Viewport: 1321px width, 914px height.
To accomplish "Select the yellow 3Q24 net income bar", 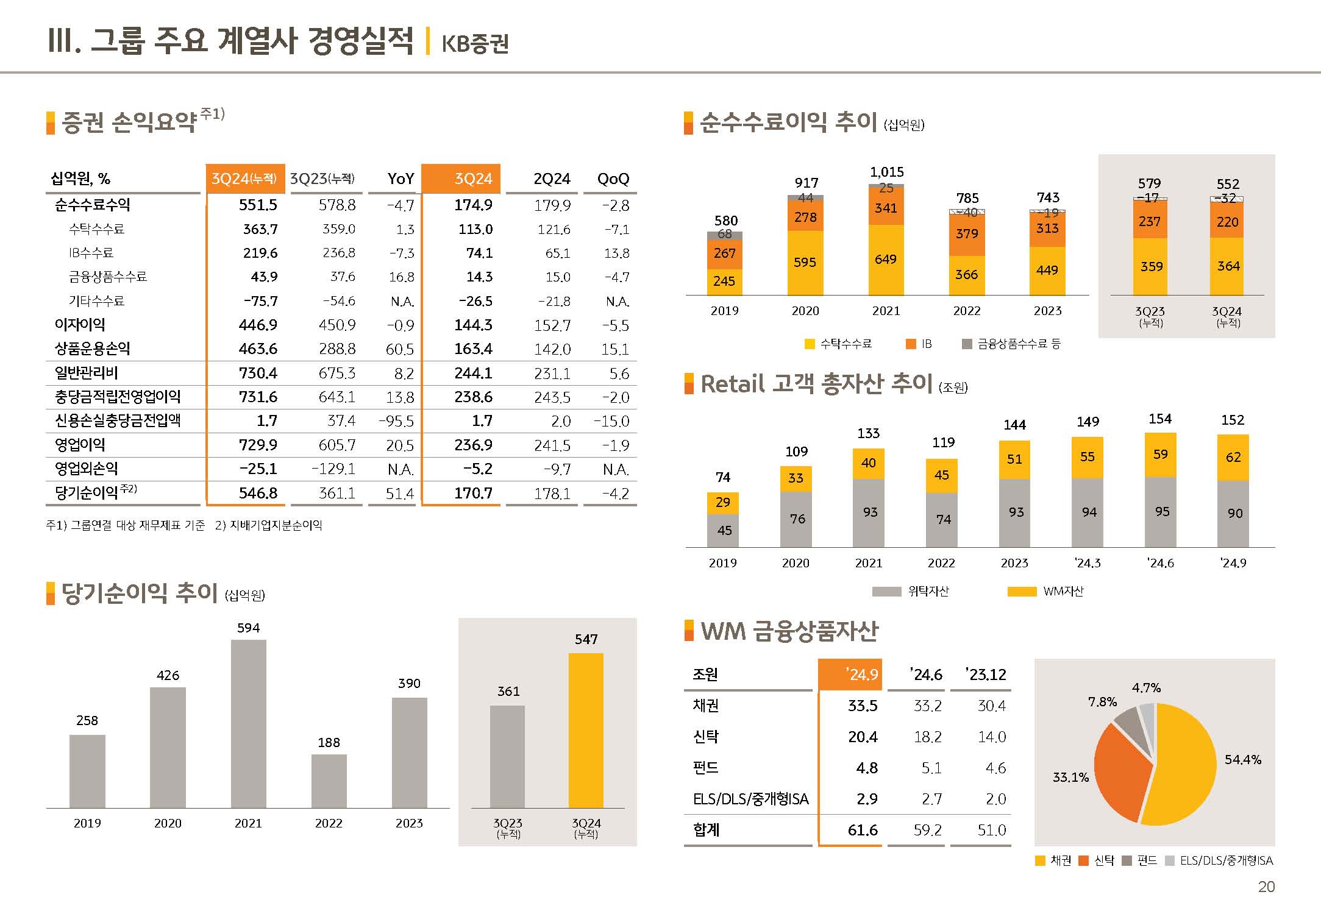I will [586, 731].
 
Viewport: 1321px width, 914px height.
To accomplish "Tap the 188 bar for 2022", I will [329, 781].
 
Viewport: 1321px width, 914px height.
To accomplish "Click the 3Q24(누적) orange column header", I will [244, 179].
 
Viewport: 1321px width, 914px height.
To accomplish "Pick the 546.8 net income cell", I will [258, 493].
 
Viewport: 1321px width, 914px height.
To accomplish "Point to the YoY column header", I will [401, 179].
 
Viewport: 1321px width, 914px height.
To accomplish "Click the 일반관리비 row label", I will [87, 373].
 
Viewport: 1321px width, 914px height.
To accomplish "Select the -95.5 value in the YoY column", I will [396, 421].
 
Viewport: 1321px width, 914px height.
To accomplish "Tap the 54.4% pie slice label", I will [1242, 759].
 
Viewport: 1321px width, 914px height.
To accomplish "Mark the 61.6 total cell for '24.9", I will [863, 830].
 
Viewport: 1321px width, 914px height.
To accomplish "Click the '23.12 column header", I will [986, 675].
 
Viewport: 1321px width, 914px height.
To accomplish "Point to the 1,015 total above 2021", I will [886, 172].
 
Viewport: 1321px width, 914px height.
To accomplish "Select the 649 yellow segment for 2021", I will [886, 260].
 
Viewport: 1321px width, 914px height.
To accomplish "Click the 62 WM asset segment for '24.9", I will [1233, 457].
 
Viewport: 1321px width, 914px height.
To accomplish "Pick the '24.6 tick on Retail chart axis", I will [1160, 563].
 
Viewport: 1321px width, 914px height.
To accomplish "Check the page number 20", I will [1266, 887].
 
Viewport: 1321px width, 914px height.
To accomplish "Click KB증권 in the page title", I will [475, 43].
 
